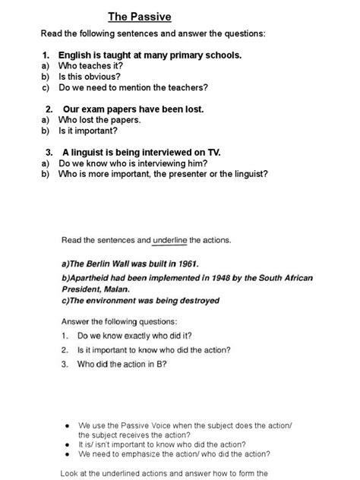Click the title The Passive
[x=139, y=16]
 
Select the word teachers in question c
[x=187, y=87]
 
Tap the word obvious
[x=103, y=77]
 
